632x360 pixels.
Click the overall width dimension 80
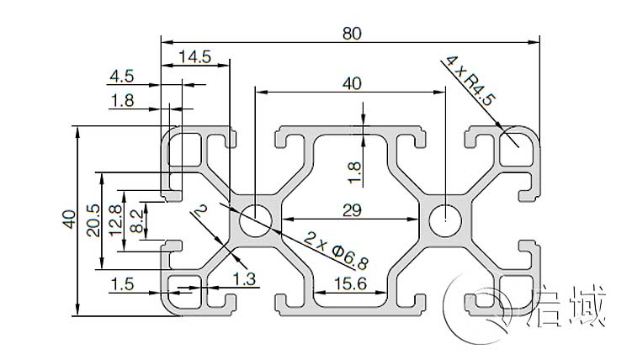click(x=352, y=33)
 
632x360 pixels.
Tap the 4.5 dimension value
click(x=121, y=77)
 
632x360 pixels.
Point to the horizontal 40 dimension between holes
click(x=352, y=82)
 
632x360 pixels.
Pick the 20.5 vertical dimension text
click(x=93, y=220)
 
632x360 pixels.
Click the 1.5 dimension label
click(x=121, y=284)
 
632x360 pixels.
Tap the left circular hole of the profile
click(x=255, y=221)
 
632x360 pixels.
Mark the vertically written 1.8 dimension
click(x=354, y=171)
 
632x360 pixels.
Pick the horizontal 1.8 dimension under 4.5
click(x=121, y=101)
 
